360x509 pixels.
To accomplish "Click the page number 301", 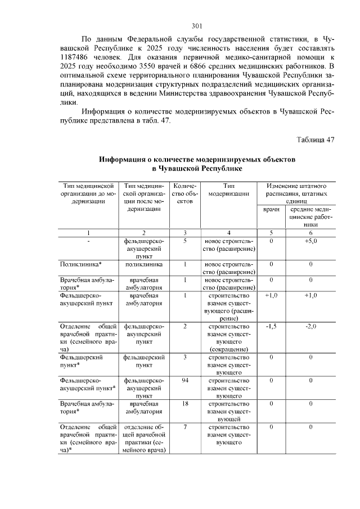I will (x=196, y=26).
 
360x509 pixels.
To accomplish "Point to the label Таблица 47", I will (x=314, y=140).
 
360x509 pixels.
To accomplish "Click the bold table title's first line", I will (x=196, y=160).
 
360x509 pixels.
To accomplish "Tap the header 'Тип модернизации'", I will (x=228, y=190).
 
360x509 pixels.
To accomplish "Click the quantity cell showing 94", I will (x=184, y=381).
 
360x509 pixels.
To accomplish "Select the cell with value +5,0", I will (x=310, y=241).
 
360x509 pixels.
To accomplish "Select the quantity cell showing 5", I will (x=184, y=241).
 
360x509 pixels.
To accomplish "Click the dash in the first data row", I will (x=88, y=241).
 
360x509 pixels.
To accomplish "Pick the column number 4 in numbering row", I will (x=228, y=232).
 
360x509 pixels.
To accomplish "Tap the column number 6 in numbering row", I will (x=310, y=232).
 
